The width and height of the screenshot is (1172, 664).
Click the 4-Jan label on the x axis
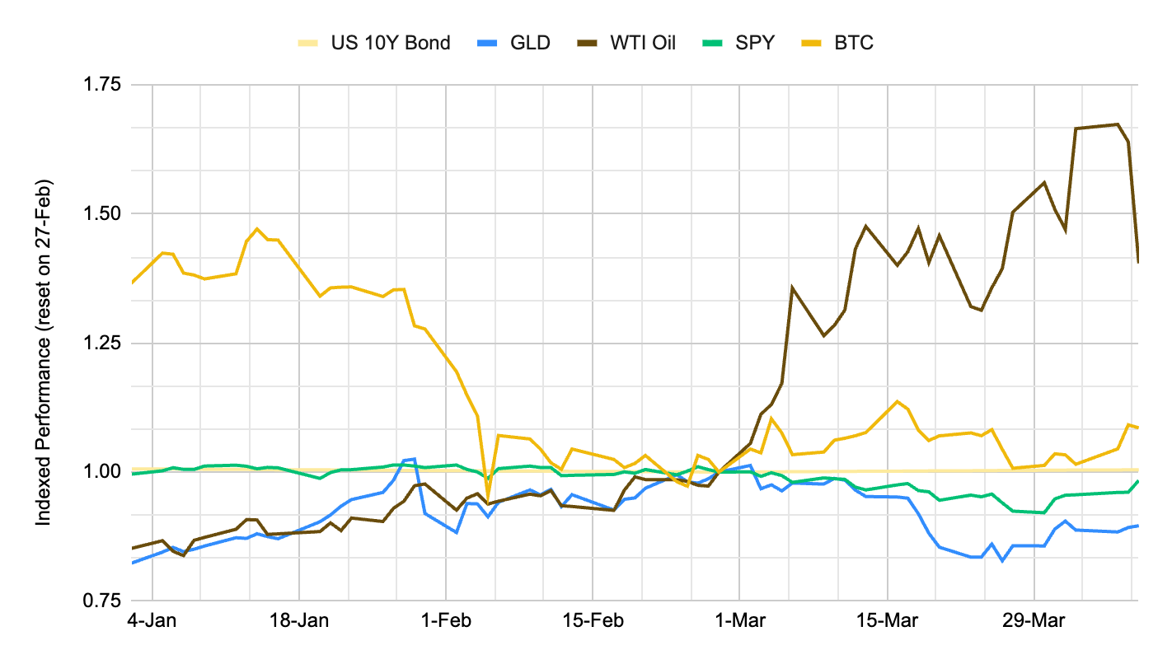pos(153,620)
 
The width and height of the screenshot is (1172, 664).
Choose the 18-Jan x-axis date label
pos(299,620)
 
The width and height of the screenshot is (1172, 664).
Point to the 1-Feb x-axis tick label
pos(446,620)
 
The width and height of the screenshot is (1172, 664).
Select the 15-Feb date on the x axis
pos(593,620)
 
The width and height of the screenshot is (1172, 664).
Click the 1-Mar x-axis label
pos(739,620)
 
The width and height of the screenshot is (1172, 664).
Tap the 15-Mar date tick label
pos(887,620)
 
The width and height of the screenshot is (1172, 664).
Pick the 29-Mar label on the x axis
pos(1034,620)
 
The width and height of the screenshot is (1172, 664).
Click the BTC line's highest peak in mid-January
pos(257,229)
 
